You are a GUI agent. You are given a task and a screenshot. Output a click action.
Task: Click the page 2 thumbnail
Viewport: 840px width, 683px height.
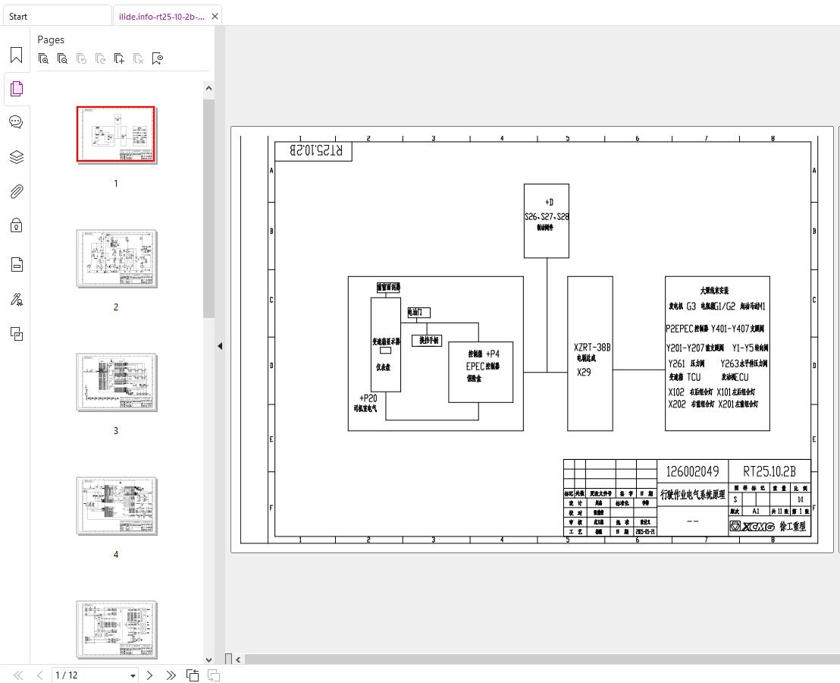pos(116,259)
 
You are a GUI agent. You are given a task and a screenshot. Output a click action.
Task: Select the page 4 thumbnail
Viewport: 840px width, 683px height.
pos(116,506)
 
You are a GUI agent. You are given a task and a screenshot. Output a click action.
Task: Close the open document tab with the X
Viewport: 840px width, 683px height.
pos(215,16)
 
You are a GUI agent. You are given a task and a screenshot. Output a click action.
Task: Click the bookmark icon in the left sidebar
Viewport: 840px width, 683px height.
pos(16,55)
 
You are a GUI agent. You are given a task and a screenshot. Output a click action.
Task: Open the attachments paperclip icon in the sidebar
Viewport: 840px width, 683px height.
pos(16,191)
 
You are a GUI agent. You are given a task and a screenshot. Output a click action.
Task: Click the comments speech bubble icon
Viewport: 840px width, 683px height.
pos(16,122)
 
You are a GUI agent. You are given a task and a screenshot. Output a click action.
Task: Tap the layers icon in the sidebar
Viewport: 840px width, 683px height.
pos(16,157)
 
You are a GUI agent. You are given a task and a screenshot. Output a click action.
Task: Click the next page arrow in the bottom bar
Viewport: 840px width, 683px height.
pos(150,675)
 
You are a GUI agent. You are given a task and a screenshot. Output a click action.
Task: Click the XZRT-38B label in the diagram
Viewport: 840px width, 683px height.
pos(591,348)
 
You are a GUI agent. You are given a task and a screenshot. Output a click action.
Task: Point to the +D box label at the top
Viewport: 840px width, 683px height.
pos(548,203)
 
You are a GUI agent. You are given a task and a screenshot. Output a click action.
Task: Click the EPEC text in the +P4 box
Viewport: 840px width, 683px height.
pos(475,366)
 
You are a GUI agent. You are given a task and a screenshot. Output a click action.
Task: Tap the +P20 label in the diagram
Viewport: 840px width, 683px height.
pos(368,398)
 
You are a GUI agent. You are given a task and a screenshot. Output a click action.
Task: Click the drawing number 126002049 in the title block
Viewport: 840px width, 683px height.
pos(692,471)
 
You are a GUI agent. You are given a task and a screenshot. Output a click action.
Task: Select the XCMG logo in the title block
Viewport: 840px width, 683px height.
pos(752,526)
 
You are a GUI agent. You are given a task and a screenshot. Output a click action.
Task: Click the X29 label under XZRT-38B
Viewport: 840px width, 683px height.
pos(584,373)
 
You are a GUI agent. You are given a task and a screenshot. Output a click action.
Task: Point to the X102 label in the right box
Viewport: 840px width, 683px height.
pos(676,392)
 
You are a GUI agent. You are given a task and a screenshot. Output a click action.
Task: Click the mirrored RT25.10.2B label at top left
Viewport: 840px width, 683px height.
pos(314,150)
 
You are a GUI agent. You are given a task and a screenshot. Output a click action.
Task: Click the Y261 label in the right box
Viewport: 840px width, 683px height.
pos(676,364)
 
